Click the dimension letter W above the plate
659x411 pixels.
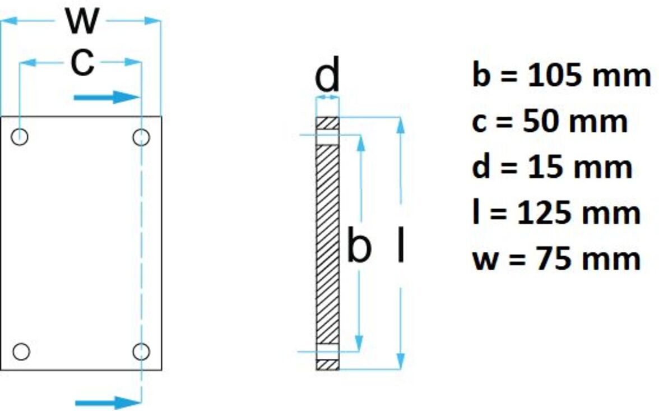82,21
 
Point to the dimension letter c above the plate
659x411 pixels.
82,62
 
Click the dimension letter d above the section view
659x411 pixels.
327,75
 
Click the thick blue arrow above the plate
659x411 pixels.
106,98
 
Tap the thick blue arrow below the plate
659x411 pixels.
107,402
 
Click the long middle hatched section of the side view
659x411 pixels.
327,244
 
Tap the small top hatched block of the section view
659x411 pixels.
327,123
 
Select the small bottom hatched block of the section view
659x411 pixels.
327,364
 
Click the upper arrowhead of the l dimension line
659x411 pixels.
401,126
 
